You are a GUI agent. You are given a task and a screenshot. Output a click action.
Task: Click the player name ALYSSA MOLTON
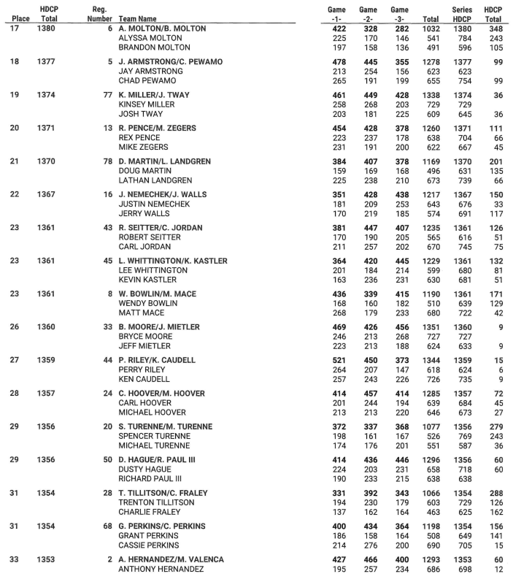[x=149, y=39]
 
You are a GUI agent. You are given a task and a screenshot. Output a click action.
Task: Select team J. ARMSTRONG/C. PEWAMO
[x=169, y=63]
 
